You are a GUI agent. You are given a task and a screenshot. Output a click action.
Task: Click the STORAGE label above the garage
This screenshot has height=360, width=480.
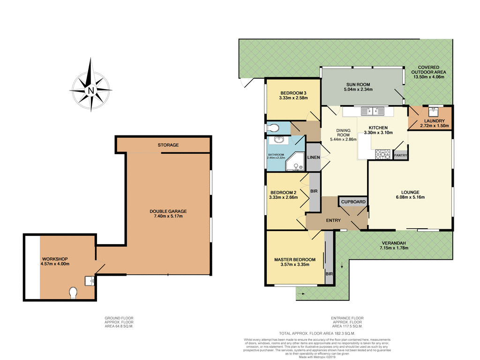168,145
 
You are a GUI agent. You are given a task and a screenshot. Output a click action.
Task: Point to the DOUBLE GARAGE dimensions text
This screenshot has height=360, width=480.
168,216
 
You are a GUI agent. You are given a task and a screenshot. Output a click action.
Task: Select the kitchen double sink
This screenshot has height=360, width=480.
373,111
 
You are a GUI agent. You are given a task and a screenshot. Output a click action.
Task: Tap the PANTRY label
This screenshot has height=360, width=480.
400,155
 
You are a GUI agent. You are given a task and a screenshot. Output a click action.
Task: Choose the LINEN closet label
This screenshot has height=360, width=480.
313,157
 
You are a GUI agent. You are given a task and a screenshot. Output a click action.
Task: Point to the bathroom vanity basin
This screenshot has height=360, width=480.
279,140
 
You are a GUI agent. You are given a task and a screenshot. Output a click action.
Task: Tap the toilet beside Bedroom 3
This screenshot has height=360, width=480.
273,127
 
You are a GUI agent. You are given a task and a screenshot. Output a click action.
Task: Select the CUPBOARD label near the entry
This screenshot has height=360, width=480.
353,202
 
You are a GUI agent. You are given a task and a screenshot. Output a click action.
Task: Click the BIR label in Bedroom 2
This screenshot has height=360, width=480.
314,191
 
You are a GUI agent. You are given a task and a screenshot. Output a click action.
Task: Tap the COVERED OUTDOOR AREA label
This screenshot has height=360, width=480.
428,70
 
